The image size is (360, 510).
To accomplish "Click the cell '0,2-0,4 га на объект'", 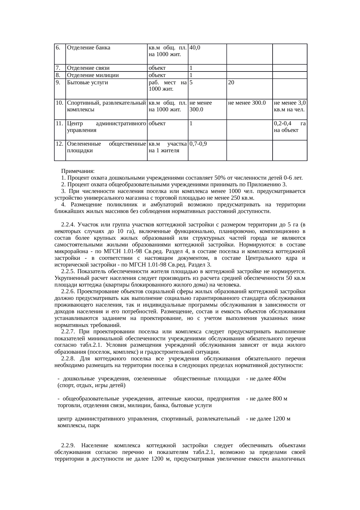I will (289, 127).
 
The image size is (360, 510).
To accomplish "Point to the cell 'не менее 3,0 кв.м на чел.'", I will (289, 106).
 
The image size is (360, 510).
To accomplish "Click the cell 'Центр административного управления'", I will (106, 127).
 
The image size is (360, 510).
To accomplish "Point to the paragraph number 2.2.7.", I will (69, 332).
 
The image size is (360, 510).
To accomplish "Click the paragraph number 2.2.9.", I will (69, 445).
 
